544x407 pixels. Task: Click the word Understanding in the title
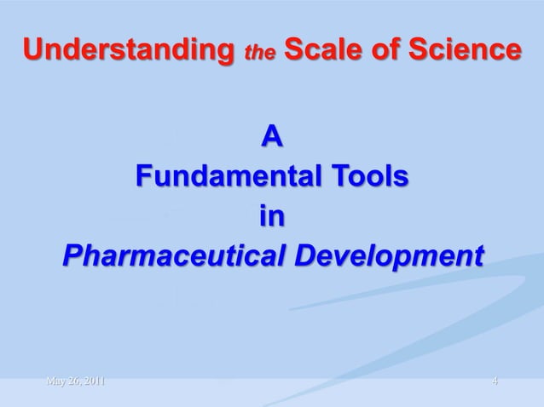tap(129, 50)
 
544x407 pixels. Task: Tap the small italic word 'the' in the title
tap(259, 54)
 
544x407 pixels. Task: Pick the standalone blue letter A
tap(271, 136)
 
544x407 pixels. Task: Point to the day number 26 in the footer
tap(76, 380)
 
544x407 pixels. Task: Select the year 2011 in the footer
tap(94, 380)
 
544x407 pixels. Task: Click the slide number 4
tap(495, 380)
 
